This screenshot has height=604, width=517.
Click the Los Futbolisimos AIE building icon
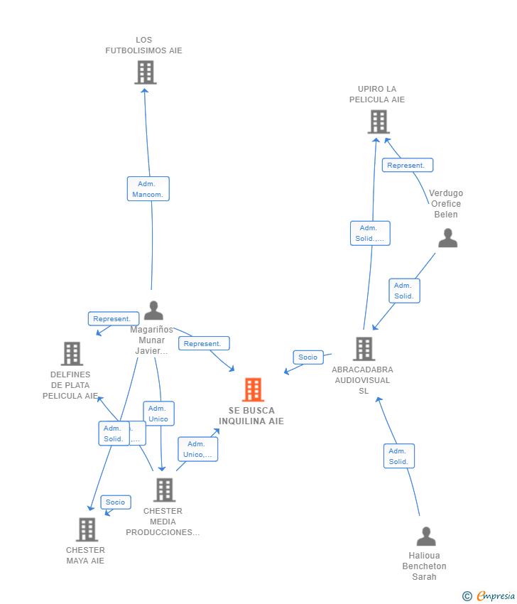click(145, 72)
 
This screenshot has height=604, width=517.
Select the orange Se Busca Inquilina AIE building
click(253, 390)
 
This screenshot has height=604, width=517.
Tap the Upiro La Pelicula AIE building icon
click(379, 122)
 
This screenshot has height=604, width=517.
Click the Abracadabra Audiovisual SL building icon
click(364, 349)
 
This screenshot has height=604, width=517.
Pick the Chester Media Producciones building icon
click(164, 490)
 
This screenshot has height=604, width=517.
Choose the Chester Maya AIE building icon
click(87, 529)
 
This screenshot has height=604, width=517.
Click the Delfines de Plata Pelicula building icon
click(72, 354)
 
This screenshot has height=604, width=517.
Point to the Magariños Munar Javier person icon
click(153, 311)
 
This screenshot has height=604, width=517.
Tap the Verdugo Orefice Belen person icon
click(447, 238)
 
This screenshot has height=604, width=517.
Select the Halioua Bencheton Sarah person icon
click(426, 536)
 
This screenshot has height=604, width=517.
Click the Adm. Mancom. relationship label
click(148, 189)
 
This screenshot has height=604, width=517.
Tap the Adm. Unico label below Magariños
click(158, 414)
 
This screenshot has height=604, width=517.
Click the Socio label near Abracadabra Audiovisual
click(308, 357)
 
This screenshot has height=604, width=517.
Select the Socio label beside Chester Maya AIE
click(115, 502)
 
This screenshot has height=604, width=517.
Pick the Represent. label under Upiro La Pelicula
click(407, 166)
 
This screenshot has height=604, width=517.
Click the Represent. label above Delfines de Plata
click(113, 319)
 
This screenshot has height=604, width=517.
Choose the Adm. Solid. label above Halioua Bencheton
click(398, 456)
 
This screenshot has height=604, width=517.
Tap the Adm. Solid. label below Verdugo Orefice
click(404, 291)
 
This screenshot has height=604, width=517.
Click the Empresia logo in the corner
click(489, 596)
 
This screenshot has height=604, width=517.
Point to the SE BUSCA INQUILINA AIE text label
click(251, 416)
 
